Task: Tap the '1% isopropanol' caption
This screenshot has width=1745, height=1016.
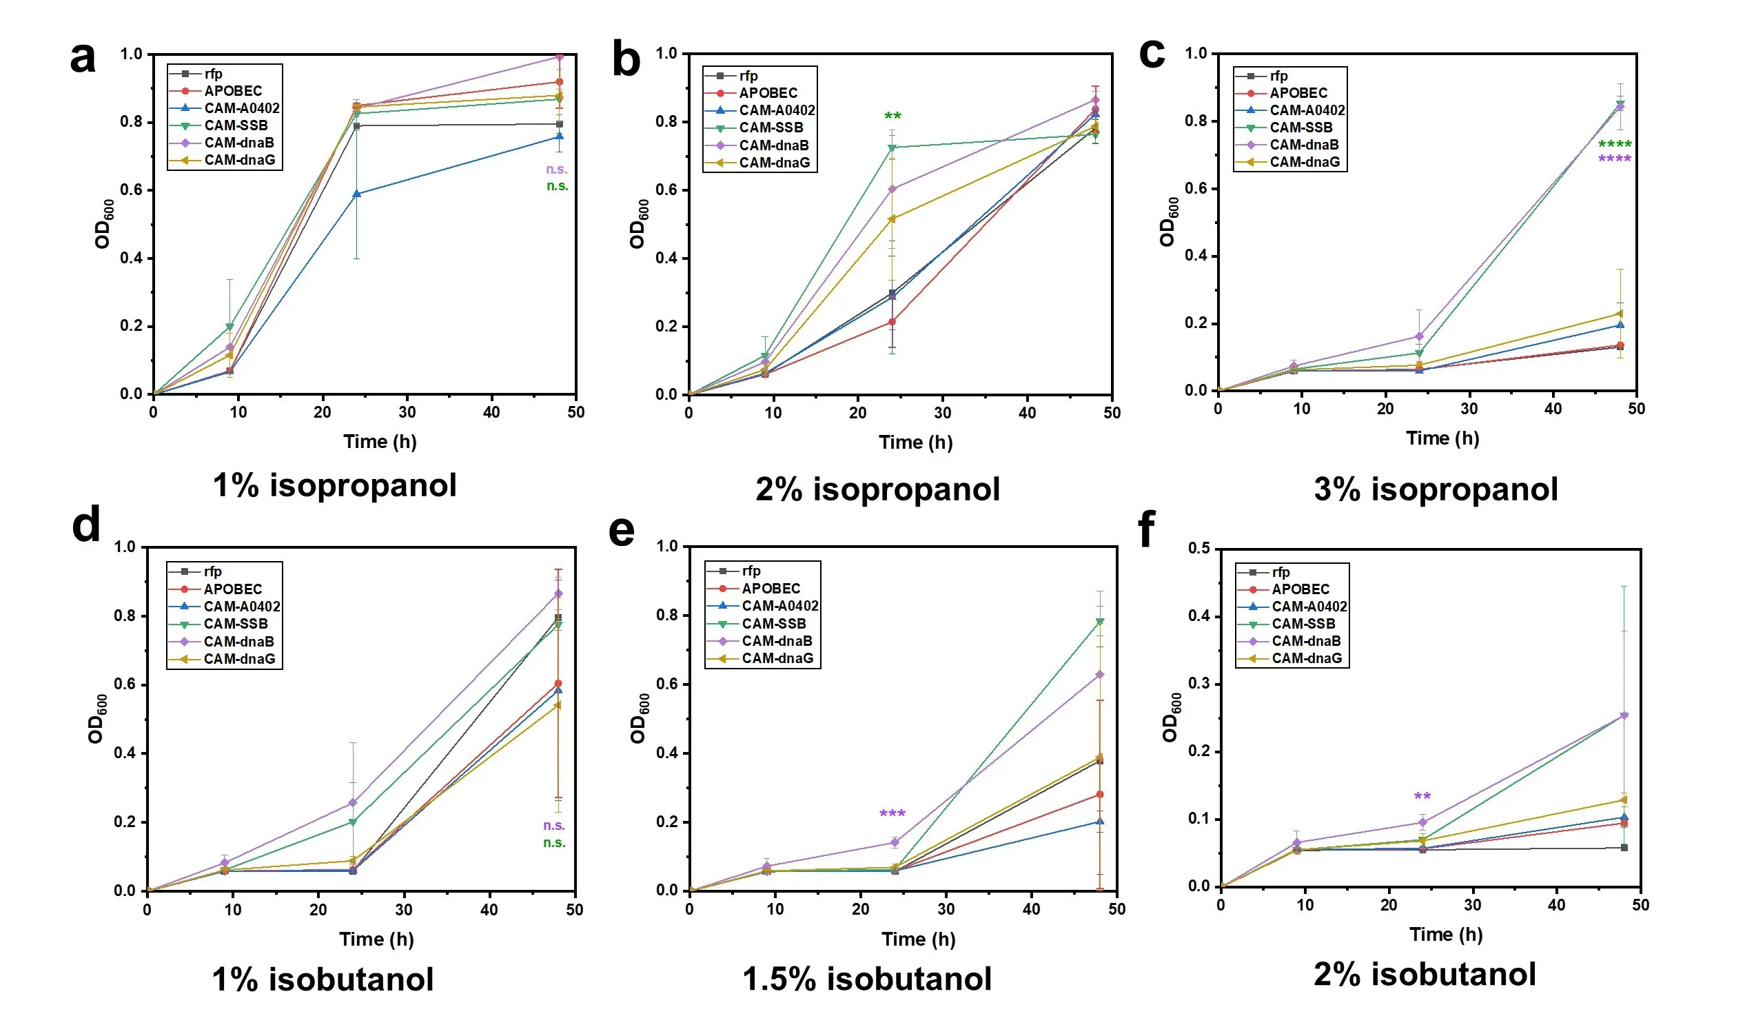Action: point(334,485)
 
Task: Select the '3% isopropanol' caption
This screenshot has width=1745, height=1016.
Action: point(1436,489)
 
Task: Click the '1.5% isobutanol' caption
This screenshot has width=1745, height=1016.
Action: point(867,979)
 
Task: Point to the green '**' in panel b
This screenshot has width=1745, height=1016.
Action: point(892,116)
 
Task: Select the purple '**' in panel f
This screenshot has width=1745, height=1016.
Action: point(1422,797)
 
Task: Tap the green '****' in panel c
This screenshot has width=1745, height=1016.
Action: point(1615,145)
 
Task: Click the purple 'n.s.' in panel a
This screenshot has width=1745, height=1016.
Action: point(557,169)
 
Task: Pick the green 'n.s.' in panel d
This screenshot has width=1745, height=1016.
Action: point(554,843)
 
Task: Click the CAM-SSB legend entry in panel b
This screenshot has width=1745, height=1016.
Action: point(771,128)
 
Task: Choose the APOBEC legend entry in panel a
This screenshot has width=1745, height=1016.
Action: point(233,91)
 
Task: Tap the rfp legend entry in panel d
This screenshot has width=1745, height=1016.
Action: point(212,571)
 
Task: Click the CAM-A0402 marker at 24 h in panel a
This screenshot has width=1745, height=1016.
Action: point(356,194)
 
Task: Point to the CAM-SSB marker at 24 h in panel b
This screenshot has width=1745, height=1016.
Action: point(892,148)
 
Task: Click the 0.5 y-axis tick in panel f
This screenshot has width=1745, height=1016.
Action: point(1198,549)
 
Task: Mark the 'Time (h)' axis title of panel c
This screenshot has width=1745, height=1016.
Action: point(1442,438)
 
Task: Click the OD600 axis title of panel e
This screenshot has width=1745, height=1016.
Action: point(639,718)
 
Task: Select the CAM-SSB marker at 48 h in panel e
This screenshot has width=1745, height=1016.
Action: point(1100,622)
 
